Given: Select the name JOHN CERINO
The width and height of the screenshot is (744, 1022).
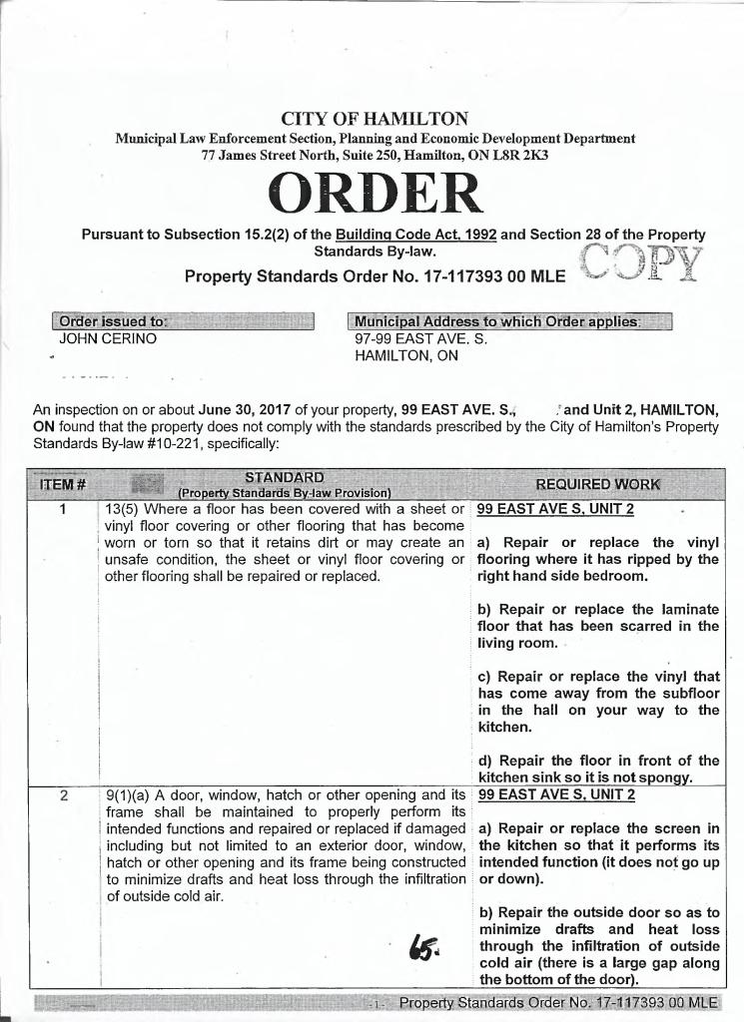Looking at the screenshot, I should (108, 338).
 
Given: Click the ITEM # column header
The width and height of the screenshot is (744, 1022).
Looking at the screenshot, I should (63, 484).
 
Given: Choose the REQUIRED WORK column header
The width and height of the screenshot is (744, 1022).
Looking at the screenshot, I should (597, 484).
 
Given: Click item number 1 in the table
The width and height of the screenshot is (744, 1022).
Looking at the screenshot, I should (63, 509).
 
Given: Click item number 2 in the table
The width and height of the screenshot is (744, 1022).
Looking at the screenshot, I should (63, 795).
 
